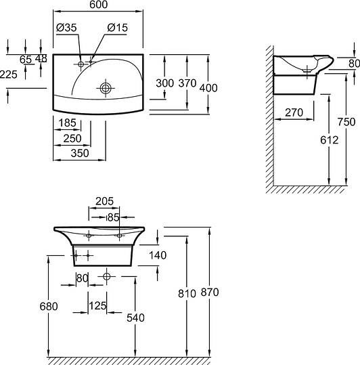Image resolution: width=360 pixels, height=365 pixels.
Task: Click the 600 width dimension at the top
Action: (x=98, y=5)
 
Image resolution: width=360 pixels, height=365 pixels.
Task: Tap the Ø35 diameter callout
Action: (x=66, y=28)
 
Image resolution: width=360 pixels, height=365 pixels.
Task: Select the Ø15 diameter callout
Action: (x=118, y=28)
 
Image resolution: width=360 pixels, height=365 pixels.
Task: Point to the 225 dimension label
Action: (x=9, y=74)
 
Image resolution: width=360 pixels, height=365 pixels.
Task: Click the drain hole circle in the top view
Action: (x=106, y=88)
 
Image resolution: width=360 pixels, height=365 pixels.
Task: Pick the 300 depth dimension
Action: (x=164, y=83)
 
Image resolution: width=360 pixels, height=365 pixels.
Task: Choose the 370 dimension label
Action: (x=187, y=83)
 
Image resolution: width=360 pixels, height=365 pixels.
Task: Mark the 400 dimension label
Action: (x=208, y=88)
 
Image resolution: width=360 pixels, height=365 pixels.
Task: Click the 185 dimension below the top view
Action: (x=68, y=123)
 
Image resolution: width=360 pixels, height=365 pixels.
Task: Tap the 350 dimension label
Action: (x=80, y=153)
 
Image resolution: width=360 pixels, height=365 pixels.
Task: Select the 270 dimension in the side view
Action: (x=294, y=112)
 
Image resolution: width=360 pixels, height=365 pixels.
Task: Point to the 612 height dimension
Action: (x=330, y=140)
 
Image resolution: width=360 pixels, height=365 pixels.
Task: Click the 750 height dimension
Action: (x=346, y=122)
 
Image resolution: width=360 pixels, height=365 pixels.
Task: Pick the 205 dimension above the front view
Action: (x=104, y=201)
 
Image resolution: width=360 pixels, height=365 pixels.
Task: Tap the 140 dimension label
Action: (x=158, y=255)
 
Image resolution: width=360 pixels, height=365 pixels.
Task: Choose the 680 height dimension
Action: (x=49, y=306)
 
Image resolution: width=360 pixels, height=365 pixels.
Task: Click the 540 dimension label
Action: (x=135, y=318)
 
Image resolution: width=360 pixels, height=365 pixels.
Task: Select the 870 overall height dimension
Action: (x=210, y=293)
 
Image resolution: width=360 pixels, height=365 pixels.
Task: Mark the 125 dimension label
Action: (x=97, y=305)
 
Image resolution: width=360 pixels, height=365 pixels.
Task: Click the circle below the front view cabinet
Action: (x=106, y=276)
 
